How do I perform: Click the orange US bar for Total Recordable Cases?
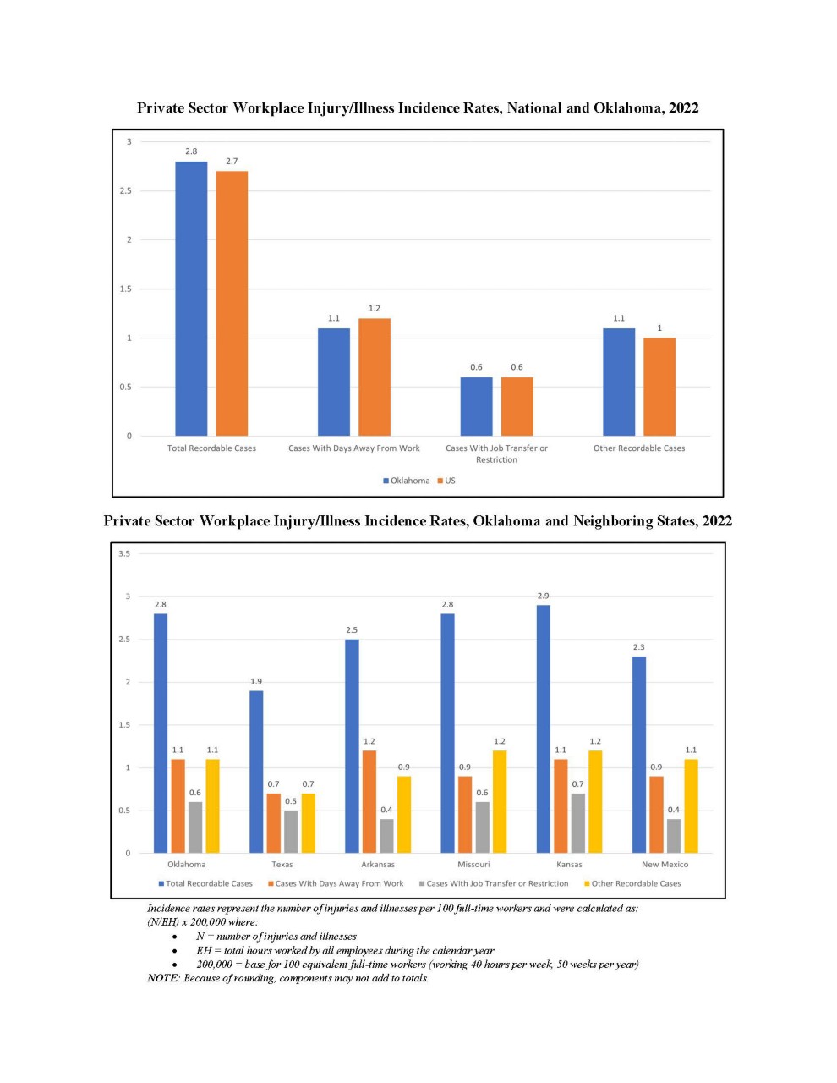pos(232,303)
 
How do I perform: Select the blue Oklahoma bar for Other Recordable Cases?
pos(619,382)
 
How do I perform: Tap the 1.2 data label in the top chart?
pos(375,309)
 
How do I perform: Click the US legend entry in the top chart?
pos(446,481)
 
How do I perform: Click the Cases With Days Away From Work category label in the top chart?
pos(354,448)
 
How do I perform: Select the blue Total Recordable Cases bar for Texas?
pos(256,772)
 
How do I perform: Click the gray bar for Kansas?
pos(578,823)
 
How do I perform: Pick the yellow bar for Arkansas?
pos(404,815)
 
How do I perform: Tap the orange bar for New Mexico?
pos(656,815)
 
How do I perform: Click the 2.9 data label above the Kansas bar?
pos(544,596)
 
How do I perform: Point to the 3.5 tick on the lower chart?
pos(124,553)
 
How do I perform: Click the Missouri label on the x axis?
pos(473,864)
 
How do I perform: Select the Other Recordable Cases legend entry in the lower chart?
pos(632,883)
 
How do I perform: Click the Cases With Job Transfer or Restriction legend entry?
pos(494,883)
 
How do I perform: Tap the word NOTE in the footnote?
pos(163,978)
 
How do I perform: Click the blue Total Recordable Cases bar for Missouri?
pos(447,733)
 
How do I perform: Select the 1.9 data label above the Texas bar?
pos(256,681)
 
